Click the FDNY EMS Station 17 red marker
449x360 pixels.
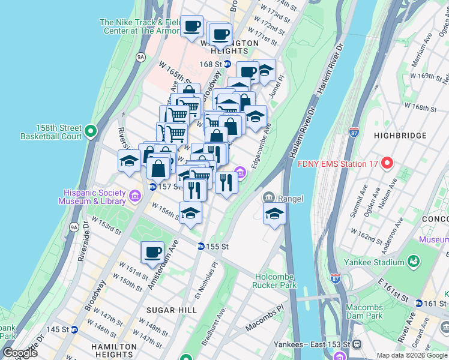pyautogui.click(x=387, y=163)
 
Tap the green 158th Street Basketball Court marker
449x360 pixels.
pyautogui.click(x=91, y=131)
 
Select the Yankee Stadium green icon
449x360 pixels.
pyautogui.click(x=413, y=262)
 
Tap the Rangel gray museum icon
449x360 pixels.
pyautogui.click(x=268, y=198)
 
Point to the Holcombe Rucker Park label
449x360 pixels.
pyautogui.click(x=276, y=281)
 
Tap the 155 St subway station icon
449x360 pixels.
pyautogui.click(x=202, y=246)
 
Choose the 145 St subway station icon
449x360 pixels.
pyautogui.click(x=74, y=329)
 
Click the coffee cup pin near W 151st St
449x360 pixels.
pyautogui.click(x=152, y=251)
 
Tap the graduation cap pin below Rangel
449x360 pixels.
pyautogui.click(x=274, y=213)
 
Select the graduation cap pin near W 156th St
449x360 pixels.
pyautogui.click(x=191, y=214)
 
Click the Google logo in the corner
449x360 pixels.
pyautogui.click(x=19, y=352)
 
